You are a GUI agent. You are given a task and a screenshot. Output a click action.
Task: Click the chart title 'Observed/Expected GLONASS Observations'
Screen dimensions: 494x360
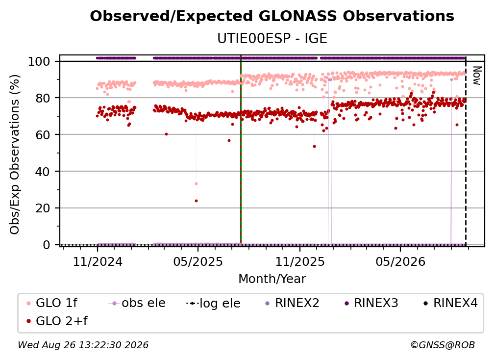[x=272, y=16]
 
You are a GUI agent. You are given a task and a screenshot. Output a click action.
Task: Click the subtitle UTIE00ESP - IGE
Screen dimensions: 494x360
[x=272, y=38]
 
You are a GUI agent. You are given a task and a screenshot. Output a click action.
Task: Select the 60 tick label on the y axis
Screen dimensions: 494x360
[x=43, y=135]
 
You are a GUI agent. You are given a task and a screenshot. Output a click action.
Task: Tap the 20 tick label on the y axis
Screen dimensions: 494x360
[x=43, y=208]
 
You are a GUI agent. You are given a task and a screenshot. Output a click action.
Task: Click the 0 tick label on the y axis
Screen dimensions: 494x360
[x=46, y=245]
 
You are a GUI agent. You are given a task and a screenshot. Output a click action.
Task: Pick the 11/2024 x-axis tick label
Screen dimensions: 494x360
[x=98, y=261]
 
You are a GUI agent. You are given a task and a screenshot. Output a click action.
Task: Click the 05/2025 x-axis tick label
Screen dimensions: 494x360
[x=198, y=261]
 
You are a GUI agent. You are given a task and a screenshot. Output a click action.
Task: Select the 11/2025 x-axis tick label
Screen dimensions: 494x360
[x=300, y=261]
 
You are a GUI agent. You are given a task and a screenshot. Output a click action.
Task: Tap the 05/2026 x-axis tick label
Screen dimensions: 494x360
[x=400, y=261]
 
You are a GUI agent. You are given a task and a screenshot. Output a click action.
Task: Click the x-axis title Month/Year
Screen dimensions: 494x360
[x=272, y=279]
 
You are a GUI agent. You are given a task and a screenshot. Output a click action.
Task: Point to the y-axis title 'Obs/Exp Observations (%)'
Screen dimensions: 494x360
[x=15, y=154]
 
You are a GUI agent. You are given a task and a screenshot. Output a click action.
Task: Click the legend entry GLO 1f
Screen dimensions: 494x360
[x=52, y=303]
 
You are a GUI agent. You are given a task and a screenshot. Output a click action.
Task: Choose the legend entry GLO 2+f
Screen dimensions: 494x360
[x=57, y=321]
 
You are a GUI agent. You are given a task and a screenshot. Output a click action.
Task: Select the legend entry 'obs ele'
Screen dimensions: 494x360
[x=137, y=303]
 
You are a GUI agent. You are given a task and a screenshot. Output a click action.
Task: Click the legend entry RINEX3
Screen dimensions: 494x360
[x=371, y=303]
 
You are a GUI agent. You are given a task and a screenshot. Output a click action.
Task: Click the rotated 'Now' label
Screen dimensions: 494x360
[x=477, y=76]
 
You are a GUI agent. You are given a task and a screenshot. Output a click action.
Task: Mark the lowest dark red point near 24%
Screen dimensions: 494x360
[x=196, y=201]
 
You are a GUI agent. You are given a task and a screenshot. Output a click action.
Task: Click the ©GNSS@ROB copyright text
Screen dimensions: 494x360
[x=443, y=345]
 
